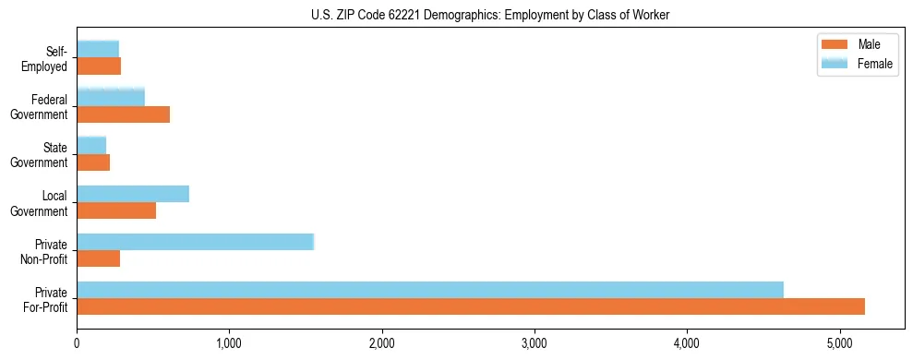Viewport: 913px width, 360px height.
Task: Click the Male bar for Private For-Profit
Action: (471, 306)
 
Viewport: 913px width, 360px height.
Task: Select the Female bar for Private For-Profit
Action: (430, 290)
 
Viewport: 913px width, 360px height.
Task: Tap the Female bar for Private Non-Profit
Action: (196, 242)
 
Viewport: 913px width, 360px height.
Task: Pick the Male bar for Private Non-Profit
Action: (99, 258)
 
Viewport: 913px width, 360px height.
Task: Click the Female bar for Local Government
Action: (133, 194)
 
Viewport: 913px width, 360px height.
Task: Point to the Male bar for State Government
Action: (93, 162)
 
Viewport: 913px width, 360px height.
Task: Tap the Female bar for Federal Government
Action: (111, 97)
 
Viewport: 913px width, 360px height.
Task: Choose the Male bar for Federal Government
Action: (124, 114)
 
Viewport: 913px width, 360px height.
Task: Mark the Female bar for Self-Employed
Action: (98, 49)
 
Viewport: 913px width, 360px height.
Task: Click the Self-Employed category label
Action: (50, 59)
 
